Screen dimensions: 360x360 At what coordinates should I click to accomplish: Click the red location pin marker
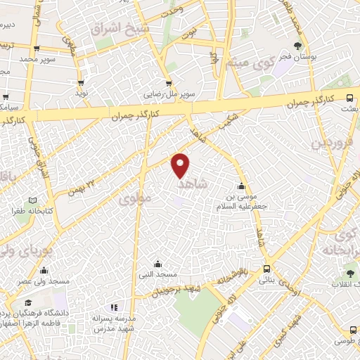(x=181, y=165)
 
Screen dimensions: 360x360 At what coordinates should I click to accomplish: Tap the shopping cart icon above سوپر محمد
(x=36, y=48)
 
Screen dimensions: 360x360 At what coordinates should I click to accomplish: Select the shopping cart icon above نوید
(x=82, y=82)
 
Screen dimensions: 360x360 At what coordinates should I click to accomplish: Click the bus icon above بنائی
(x=266, y=268)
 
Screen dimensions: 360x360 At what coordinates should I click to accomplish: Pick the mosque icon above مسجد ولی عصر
(x=44, y=271)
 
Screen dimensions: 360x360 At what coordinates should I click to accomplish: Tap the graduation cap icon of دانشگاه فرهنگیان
(x=27, y=303)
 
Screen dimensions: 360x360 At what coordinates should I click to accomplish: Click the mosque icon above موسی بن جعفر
(x=242, y=186)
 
